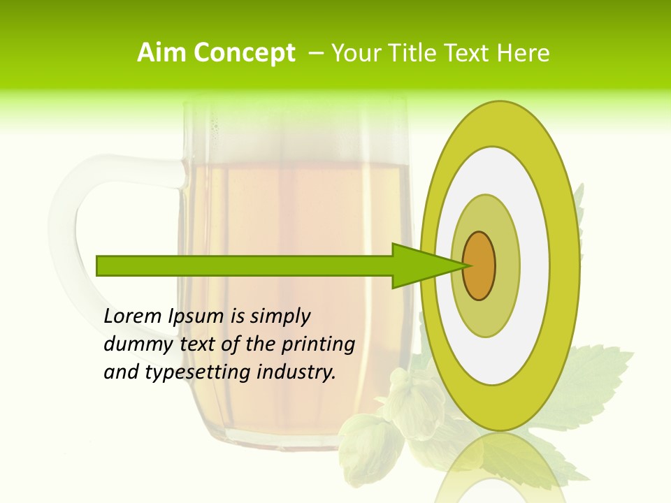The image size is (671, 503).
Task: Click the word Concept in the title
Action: [245, 53]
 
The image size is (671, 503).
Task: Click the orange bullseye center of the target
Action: [479, 265]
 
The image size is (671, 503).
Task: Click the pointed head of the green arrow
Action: [426, 265]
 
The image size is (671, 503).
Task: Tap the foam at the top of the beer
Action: [294, 133]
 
